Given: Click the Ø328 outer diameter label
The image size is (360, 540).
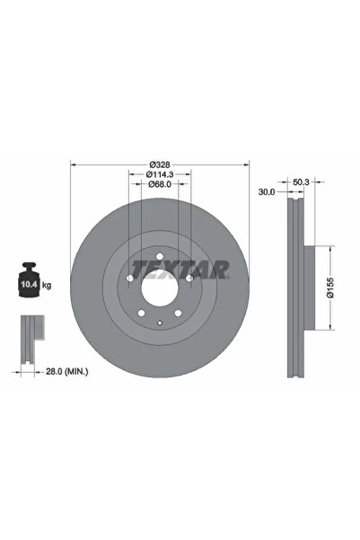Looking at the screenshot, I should [x=160, y=164].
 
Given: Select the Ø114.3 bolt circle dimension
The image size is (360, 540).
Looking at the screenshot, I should [x=160, y=174].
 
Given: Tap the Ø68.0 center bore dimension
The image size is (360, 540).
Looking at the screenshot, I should [x=160, y=185].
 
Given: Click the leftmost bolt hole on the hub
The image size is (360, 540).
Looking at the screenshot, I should [x=129, y=279].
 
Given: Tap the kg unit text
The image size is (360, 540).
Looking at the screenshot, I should [x=47, y=285].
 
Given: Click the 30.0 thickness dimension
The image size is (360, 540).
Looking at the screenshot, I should [x=265, y=191].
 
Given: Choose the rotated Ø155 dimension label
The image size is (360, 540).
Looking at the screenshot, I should [x=330, y=288].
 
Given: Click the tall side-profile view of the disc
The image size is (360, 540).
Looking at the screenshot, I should [x=295, y=288].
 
